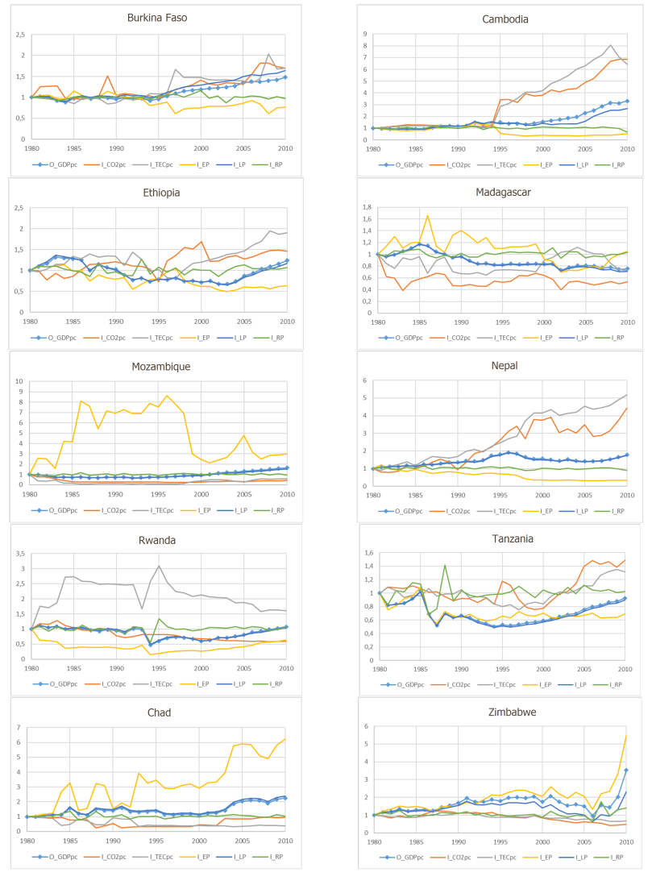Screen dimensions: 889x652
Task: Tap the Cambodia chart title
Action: (x=491, y=17)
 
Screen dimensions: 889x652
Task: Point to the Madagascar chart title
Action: (x=491, y=193)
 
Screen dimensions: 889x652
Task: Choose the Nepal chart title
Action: (x=491, y=366)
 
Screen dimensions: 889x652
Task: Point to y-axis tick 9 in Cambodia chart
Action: (x=366, y=35)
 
